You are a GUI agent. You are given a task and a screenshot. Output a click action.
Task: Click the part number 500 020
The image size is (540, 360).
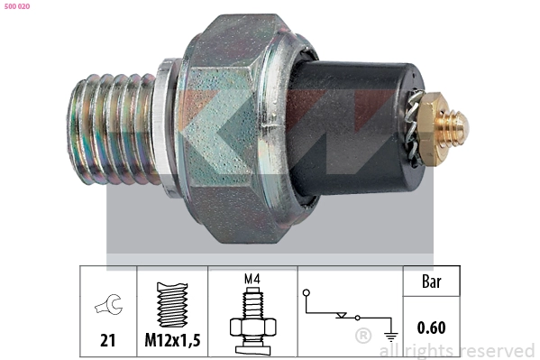coord(18,6)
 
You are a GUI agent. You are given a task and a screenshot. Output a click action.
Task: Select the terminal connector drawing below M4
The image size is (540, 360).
coord(252,320)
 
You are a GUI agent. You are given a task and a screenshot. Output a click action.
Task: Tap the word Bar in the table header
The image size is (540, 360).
coord(431,282)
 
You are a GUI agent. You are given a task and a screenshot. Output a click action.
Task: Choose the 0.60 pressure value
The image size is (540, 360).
coord(431,328)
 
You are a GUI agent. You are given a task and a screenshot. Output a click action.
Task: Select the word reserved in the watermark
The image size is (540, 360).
coord(497,350)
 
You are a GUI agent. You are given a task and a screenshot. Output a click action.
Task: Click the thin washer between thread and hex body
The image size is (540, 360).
coord(165,122)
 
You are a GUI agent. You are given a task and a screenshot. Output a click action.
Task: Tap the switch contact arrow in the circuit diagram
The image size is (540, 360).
coord(340,316)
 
